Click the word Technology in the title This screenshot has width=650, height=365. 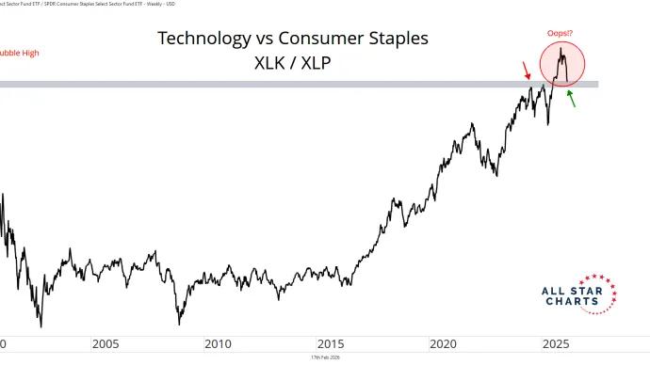pos(199,39)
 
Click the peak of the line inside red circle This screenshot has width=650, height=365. pos(561,49)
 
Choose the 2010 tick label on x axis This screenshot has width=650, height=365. pos(218,344)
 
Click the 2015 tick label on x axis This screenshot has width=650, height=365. pos(331,344)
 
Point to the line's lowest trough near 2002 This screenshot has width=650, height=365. pos(41,325)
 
